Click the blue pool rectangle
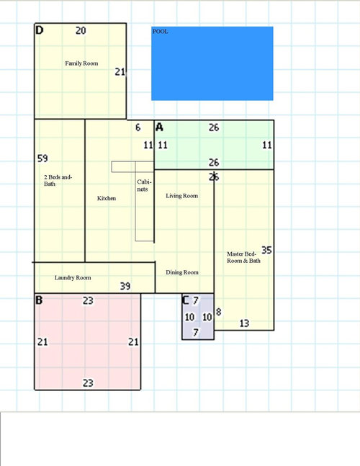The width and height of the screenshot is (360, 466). coord(212,63)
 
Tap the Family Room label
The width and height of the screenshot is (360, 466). coord(81,63)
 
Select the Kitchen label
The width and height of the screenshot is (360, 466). coord(107,198)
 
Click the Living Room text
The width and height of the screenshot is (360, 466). coord(181,196)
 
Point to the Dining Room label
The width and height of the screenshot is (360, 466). coord(182,272)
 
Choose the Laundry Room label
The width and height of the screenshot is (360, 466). coord(73,277)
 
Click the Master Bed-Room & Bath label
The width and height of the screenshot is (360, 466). coord(243,257)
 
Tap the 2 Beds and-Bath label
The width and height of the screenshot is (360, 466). coord(58,180)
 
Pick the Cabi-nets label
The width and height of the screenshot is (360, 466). coord(144,185)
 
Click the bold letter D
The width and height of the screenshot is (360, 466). coord(39,30)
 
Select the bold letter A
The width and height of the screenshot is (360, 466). coord(159,127)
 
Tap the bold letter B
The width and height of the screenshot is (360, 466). coord(39,300)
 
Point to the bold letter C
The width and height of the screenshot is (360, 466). coord(185,300)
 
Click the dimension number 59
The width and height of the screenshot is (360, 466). coord(42,158)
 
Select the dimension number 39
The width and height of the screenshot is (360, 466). coord(125,286)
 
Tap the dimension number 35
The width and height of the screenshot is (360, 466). coord(266,250)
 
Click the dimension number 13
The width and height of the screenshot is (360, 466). coord(244,323)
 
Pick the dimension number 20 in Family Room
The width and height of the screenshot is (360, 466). coord(81,31)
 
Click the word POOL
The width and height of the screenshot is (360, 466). coord(160,32)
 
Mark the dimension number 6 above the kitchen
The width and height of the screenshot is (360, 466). coord(138,127)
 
